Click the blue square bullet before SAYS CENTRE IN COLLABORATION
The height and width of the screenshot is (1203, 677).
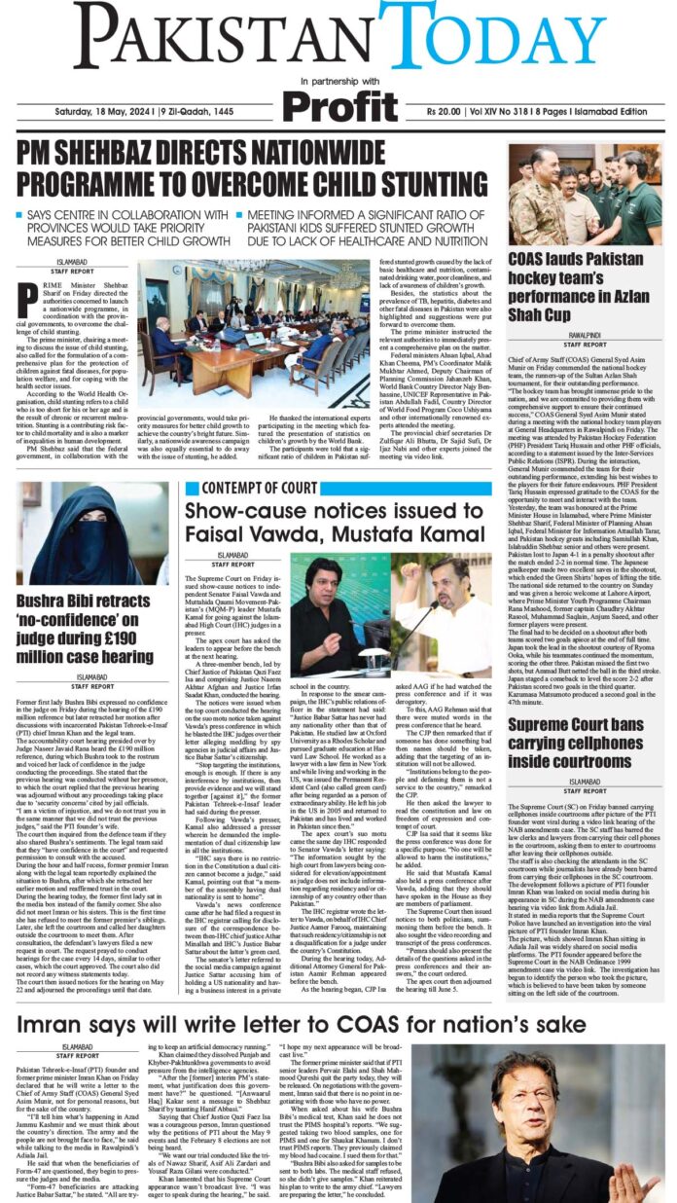click(x=20, y=213)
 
